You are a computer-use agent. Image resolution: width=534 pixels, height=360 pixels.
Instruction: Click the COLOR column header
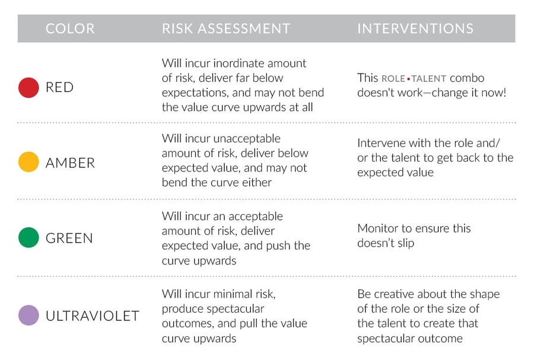click(70, 28)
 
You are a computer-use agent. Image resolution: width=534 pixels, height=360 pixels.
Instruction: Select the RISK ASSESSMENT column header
click(226, 28)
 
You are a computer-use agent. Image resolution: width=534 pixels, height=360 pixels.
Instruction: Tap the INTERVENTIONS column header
click(415, 28)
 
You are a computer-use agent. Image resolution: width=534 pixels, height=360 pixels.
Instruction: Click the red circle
click(28, 87)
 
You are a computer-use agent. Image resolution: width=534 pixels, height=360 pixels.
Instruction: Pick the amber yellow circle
click(28, 162)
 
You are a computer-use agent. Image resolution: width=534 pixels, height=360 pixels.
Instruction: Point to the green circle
click(28, 237)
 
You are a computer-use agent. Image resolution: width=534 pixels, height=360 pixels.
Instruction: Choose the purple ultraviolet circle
click(28, 316)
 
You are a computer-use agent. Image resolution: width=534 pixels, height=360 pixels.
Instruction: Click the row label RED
click(59, 87)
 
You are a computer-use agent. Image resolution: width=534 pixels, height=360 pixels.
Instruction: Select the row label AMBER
click(70, 163)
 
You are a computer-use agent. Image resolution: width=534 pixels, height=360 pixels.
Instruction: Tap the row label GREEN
click(69, 238)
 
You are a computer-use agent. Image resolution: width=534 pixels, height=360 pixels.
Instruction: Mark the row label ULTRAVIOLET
click(93, 316)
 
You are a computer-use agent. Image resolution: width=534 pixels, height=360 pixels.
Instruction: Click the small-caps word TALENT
click(429, 79)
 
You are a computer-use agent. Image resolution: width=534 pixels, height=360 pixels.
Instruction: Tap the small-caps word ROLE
click(393, 79)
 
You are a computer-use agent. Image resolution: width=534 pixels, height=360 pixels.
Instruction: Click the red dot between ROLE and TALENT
click(408, 79)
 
